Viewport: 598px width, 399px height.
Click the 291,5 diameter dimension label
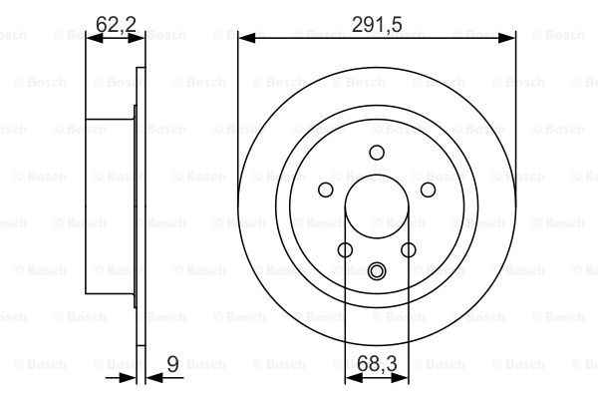coord(377,25)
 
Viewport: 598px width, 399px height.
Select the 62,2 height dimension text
coord(116,24)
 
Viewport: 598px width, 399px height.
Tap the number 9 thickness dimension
coord(172,364)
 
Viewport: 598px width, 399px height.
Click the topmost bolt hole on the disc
coord(377,153)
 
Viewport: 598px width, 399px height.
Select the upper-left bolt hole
coord(325,190)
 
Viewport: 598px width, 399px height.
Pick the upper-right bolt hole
coord(428,190)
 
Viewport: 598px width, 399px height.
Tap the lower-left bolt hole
coord(345,250)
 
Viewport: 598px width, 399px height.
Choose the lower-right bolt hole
coord(409,250)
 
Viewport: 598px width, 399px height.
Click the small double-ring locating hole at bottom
coord(377,270)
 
